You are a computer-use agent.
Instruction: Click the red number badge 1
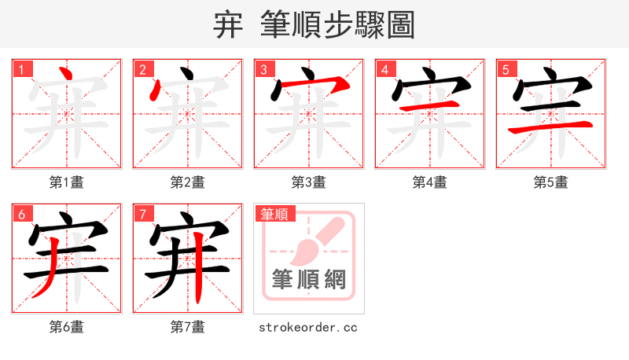[21, 69]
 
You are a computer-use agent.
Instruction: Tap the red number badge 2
[142, 69]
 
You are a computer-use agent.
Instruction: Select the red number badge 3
[263, 69]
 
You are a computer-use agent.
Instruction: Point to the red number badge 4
[384, 69]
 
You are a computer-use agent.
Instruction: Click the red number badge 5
[506, 69]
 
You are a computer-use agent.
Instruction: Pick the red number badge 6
[21, 214]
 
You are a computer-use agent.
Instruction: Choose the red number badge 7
[142, 214]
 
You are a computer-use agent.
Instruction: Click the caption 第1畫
[67, 182]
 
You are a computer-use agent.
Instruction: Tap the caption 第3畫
[309, 182]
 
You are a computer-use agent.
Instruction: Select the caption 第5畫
[551, 182]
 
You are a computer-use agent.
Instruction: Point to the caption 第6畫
[67, 327]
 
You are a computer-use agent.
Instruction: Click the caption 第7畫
[188, 327]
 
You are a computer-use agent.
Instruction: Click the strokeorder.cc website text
[308, 327]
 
